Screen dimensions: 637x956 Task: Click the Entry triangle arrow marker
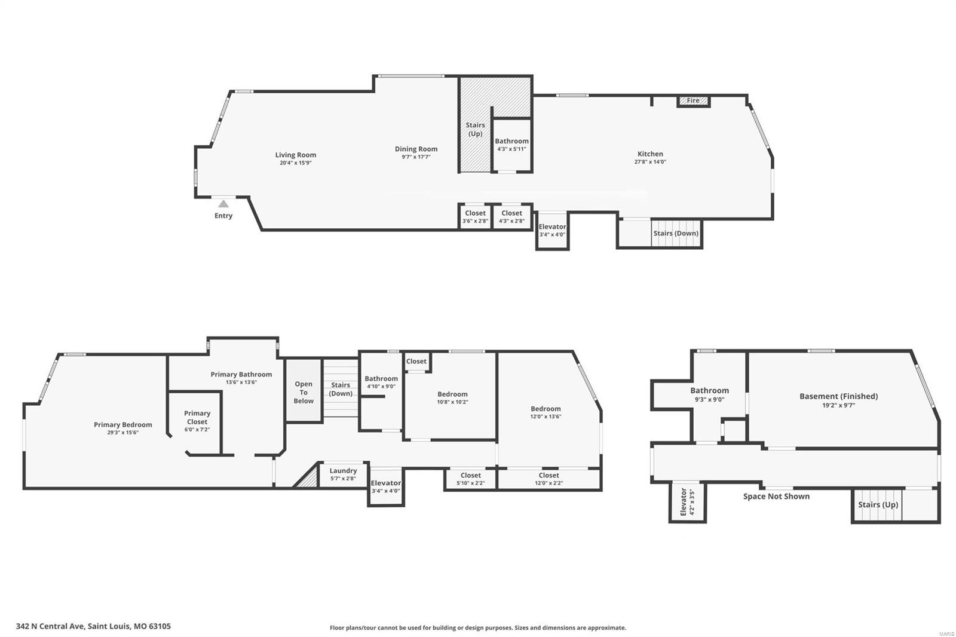click(223, 204)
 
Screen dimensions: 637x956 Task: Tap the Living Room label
click(296, 155)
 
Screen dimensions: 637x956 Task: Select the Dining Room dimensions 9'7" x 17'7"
click(416, 157)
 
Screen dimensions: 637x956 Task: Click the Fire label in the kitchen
click(693, 101)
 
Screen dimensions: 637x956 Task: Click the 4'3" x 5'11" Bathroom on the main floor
click(511, 145)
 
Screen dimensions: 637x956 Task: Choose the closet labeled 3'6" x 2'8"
click(475, 217)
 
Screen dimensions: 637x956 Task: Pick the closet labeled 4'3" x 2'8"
click(511, 217)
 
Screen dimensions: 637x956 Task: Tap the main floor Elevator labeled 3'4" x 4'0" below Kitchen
click(552, 231)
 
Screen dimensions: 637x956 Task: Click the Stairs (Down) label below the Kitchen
click(676, 233)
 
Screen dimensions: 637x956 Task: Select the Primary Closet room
click(197, 421)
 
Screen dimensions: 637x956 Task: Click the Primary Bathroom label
click(241, 375)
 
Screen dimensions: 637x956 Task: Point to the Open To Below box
click(304, 392)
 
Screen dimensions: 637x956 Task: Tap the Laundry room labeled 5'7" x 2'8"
click(343, 474)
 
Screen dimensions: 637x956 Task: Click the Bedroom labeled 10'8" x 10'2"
click(452, 398)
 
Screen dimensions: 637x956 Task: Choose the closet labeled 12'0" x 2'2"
click(549, 479)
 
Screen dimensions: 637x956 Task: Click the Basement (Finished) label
click(838, 396)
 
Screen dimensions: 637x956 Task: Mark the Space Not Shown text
click(776, 497)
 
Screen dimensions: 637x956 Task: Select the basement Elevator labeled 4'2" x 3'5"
click(687, 502)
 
